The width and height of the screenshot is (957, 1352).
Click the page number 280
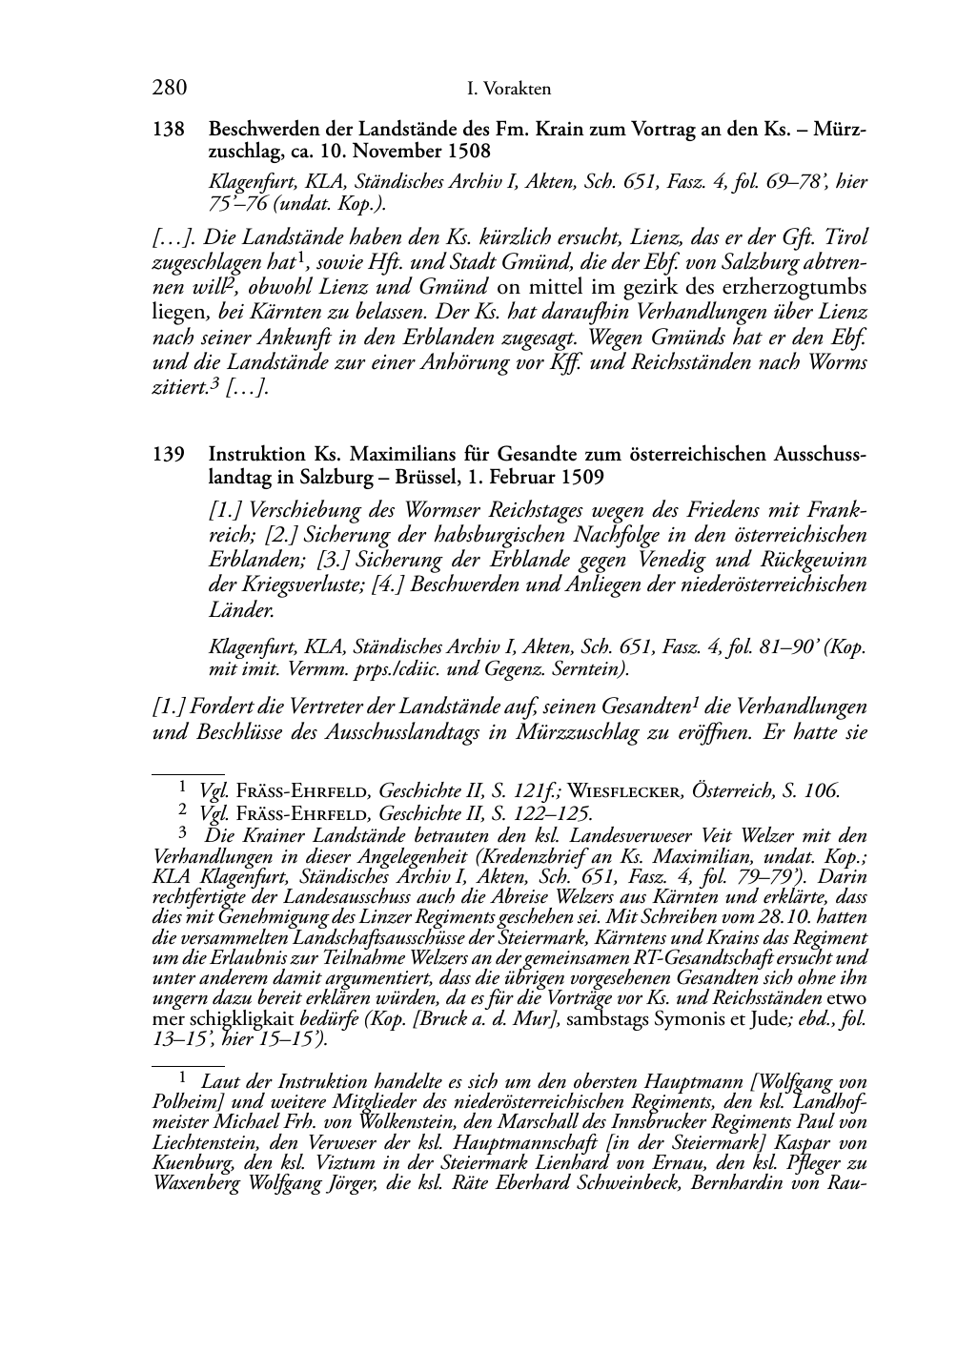coord(169,89)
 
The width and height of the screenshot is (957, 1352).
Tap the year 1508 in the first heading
coord(467,151)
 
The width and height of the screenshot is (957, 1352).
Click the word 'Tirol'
coord(846,237)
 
